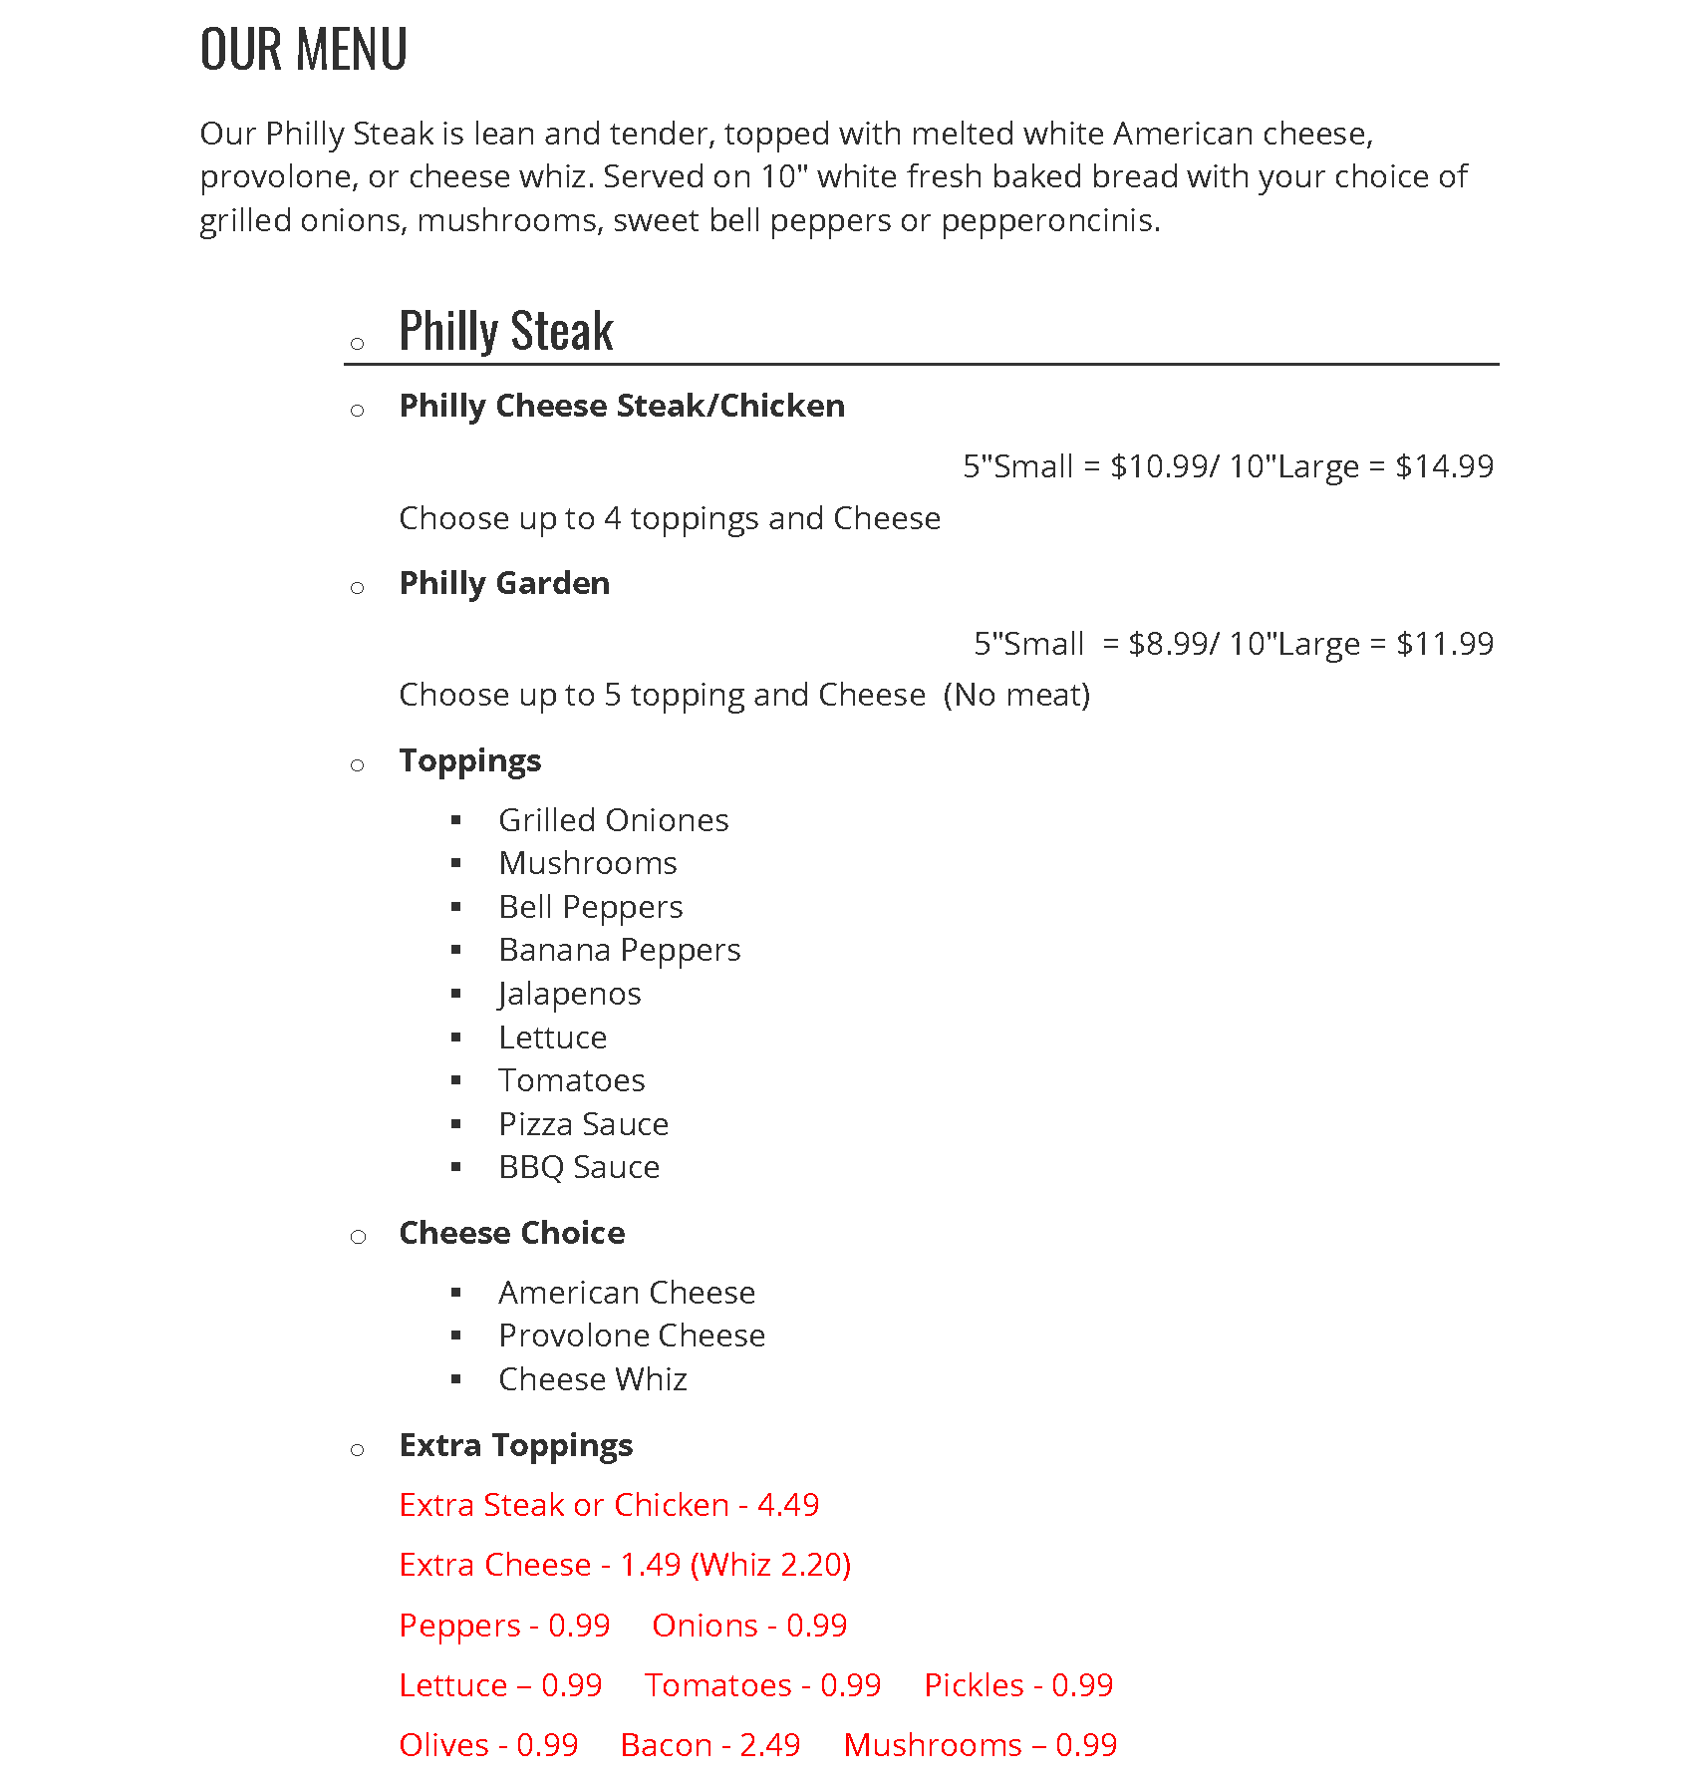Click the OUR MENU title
(x=304, y=49)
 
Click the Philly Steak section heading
(x=505, y=331)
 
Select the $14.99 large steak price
(x=1444, y=466)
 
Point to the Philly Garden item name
(x=504, y=583)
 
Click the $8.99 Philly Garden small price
(x=1167, y=644)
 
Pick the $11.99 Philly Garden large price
(x=1444, y=644)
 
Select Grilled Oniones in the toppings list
(x=614, y=820)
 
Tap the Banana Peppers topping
(x=620, y=950)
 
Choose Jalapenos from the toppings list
(x=570, y=994)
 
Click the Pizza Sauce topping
(x=584, y=1124)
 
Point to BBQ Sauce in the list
(x=579, y=1167)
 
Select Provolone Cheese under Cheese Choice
(x=632, y=1336)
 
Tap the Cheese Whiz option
(x=593, y=1379)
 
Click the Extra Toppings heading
(x=516, y=1445)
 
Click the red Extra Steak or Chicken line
(x=609, y=1505)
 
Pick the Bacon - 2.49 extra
(x=709, y=1745)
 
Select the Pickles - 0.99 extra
(x=1017, y=1685)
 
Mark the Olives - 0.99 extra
(x=488, y=1745)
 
